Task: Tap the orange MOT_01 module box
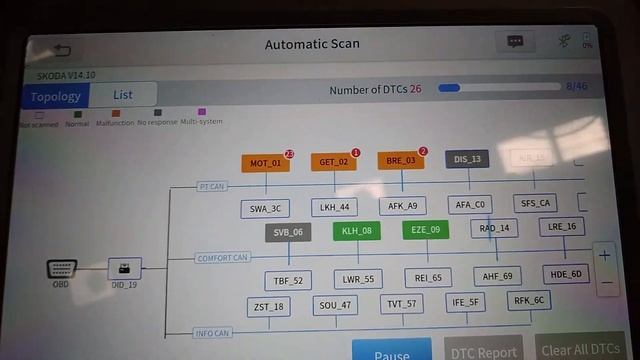click(x=265, y=163)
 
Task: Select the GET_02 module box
click(x=334, y=161)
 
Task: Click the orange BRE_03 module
click(x=401, y=160)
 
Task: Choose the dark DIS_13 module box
click(x=467, y=158)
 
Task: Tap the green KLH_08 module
click(x=356, y=231)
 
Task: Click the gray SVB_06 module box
click(x=288, y=232)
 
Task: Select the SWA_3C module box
click(x=265, y=208)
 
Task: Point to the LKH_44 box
click(x=332, y=207)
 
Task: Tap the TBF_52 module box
click(x=289, y=280)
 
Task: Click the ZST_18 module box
click(x=268, y=306)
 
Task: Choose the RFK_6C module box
click(x=529, y=299)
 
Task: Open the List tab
click(x=122, y=95)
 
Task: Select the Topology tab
click(x=54, y=96)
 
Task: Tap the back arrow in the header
click(x=62, y=49)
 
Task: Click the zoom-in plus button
click(x=604, y=255)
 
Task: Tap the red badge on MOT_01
click(x=289, y=154)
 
